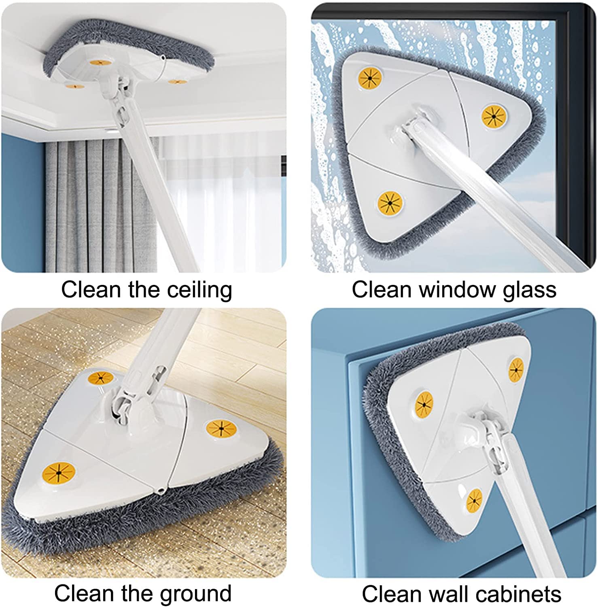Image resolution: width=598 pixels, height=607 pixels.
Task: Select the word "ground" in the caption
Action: click(195, 594)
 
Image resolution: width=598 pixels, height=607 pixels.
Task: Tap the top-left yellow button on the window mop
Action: click(370, 78)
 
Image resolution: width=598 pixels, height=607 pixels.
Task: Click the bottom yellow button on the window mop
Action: click(390, 202)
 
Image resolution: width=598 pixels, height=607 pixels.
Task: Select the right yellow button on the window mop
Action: click(494, 117)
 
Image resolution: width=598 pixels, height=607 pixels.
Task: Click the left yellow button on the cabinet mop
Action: click(424, 404)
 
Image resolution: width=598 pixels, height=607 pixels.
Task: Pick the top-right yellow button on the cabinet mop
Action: click(516, 369)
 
